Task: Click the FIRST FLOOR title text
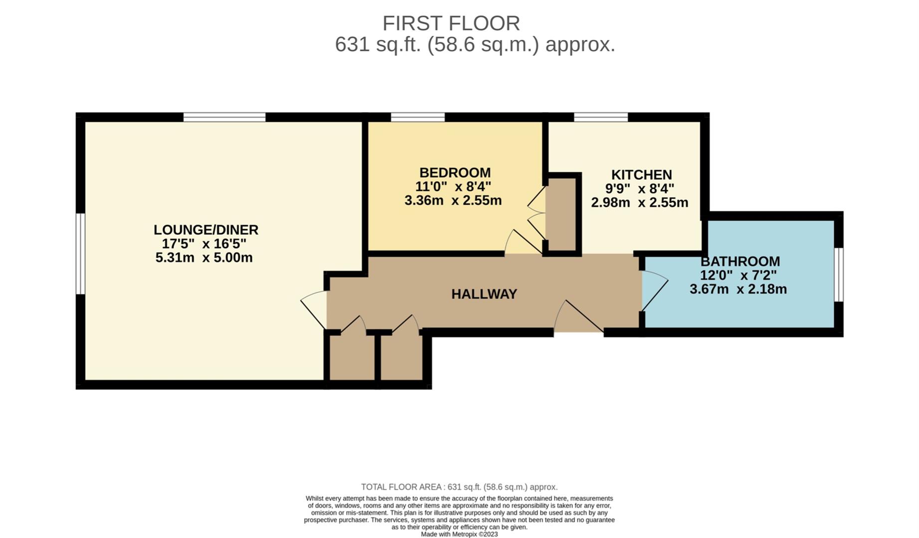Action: [x=451, y=23]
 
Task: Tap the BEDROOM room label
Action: [x=455, y=173]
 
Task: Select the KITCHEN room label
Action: [x=641, y=175]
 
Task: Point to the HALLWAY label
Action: [x=484, y=294]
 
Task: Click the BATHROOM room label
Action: [x=740, y=262]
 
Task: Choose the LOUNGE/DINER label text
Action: [x=205, y=230]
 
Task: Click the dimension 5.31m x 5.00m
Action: [x=204, y=258]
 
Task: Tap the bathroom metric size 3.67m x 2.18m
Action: [x=738, y=289]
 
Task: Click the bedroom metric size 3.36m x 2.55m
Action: [x=453, y=201]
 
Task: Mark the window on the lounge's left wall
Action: [x=80, y=254]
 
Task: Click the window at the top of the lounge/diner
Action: [x=224, y=118]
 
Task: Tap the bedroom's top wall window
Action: [x=417, y=118]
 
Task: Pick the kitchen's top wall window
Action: [x=600, y=118]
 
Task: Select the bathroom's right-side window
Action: [x=839, y=274]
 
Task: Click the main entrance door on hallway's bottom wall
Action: [x=578, y=319]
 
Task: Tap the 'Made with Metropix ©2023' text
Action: [x=459, y=535]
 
